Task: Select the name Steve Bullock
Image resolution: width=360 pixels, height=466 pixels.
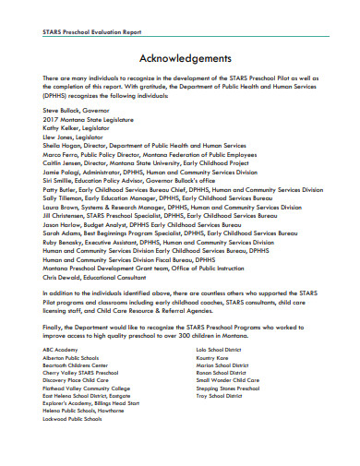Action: [58, 110]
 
